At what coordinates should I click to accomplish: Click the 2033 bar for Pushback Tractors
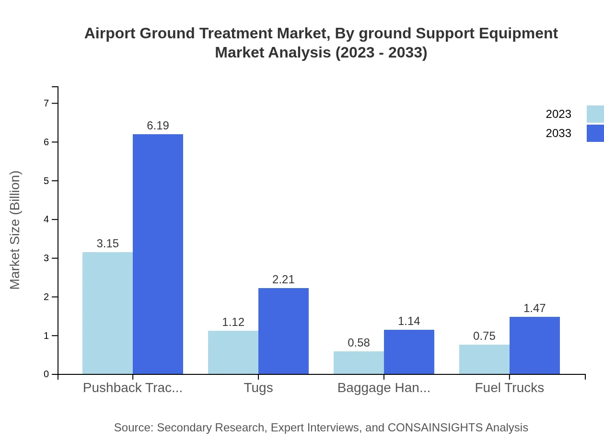158,254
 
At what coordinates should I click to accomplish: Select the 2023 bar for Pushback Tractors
107,313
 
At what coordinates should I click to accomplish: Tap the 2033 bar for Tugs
283,331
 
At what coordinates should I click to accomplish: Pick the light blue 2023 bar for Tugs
233,352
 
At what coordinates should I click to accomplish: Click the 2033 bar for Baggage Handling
409,352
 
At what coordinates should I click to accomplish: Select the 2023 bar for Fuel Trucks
484,359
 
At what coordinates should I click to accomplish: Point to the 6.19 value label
158,126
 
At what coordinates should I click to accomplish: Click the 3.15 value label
107,244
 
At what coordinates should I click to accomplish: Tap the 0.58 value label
359,343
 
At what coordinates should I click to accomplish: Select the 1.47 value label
534,308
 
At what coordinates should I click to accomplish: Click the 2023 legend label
558,114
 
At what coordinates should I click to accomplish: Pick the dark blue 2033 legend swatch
595,133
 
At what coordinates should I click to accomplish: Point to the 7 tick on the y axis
46,103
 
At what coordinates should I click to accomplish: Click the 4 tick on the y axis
46,220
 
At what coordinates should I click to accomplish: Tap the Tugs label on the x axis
258,388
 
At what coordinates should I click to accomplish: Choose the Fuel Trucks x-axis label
510,388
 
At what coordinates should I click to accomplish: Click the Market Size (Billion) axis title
15,230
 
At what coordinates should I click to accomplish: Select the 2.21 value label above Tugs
283,279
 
